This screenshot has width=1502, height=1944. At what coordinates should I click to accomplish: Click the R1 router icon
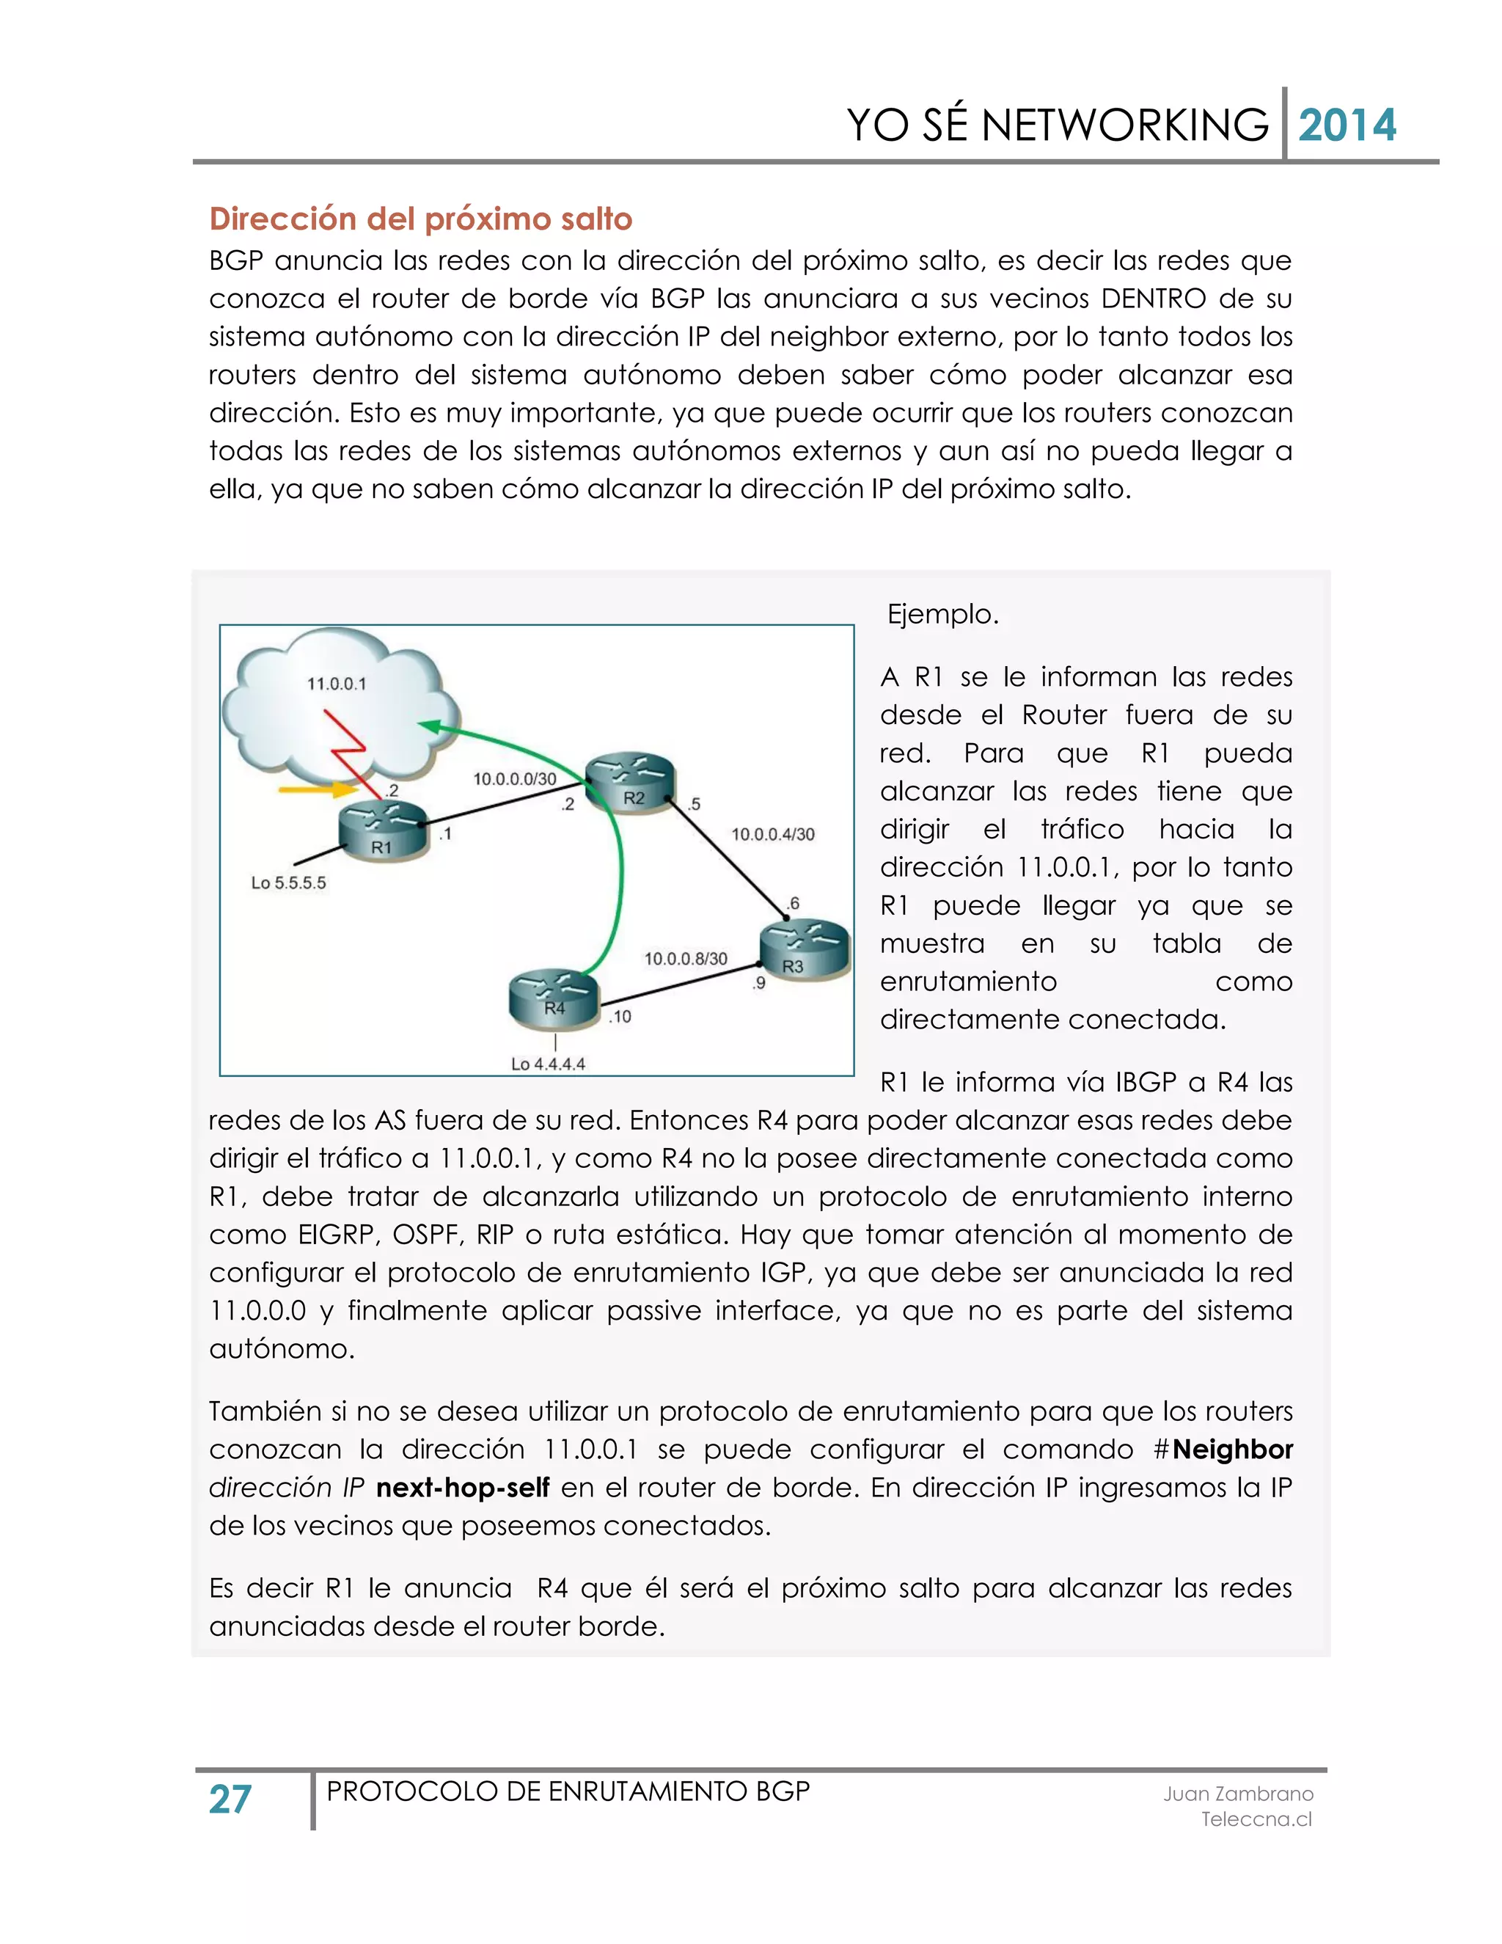click(384, 830)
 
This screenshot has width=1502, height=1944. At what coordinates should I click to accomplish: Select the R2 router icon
click(631, 783)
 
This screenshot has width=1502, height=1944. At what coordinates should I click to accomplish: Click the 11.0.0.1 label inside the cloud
click(337, 684)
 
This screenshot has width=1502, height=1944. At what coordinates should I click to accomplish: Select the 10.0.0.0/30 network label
click(514, 779)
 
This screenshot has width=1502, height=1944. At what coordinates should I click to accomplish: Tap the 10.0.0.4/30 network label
click(772, 834)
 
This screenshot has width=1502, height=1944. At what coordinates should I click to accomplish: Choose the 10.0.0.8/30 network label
click(685, 959)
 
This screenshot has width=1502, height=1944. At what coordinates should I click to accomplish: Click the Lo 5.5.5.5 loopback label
click(288, 883)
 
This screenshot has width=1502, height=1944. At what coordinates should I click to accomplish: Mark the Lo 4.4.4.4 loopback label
click(548, 1064)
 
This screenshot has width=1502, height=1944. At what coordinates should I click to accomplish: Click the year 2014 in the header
click(1347, 125)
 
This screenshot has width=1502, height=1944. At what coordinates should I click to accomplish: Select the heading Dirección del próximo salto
click(420, 219)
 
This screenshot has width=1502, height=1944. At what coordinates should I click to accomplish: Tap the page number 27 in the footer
click(230, 1799)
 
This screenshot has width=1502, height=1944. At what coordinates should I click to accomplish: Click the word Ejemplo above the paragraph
click(943, 614)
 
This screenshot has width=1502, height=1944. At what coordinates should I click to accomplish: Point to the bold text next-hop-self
click(463, 1488)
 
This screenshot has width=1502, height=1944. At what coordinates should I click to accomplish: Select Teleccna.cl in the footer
click(1256, 1819)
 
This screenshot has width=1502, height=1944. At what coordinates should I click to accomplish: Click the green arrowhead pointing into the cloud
click(429, 726)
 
